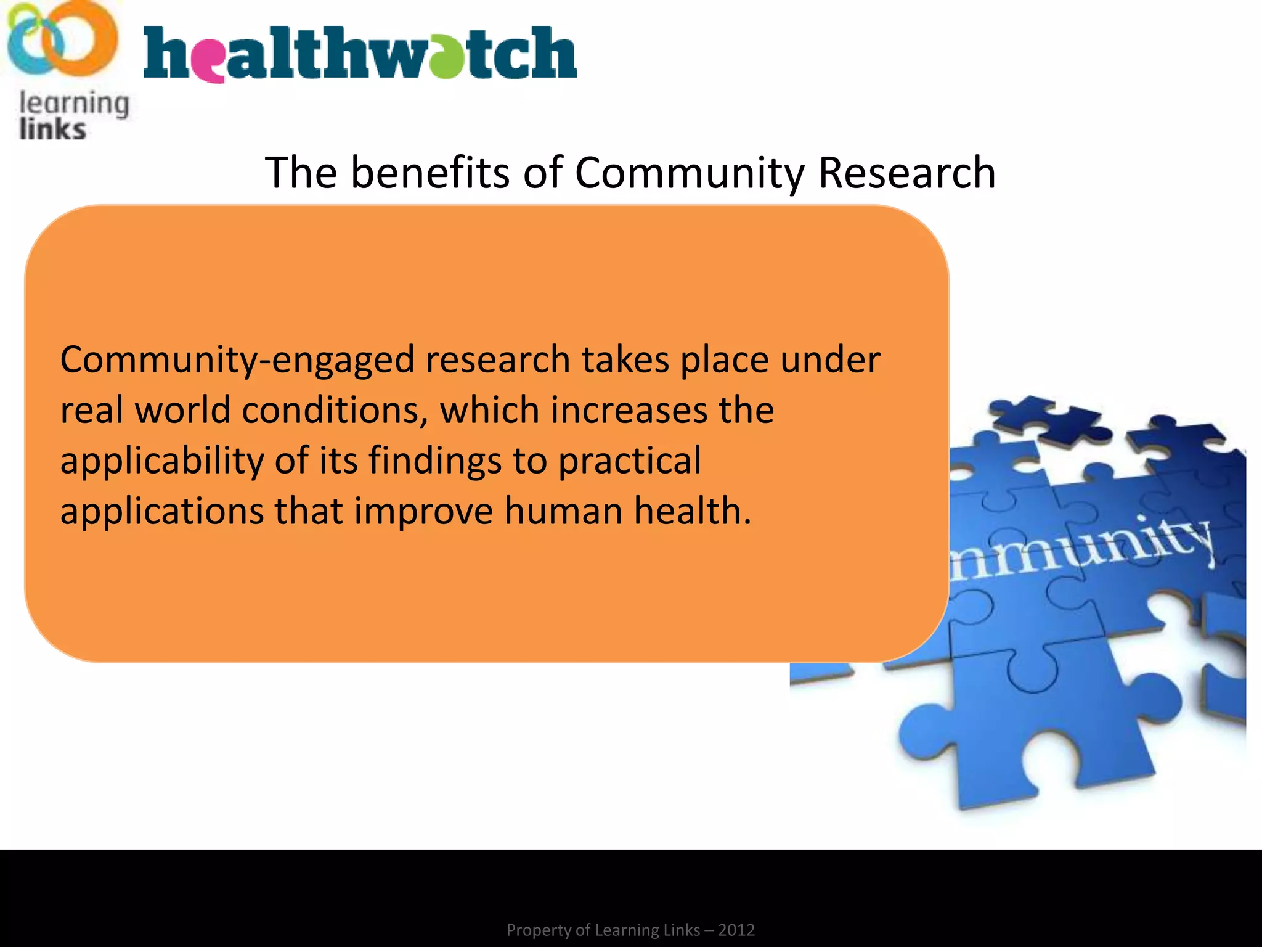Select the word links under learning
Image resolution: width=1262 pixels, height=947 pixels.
[52, 129]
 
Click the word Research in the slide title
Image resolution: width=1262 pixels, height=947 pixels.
[906, 173]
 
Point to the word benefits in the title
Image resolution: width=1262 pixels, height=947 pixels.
[430, 173]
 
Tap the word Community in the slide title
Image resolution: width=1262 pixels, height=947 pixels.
[689, 174]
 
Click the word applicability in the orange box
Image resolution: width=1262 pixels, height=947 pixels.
[162, 462]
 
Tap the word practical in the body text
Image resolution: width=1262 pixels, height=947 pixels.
[629, 462]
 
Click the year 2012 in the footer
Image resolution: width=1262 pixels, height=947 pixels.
[736, 930]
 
